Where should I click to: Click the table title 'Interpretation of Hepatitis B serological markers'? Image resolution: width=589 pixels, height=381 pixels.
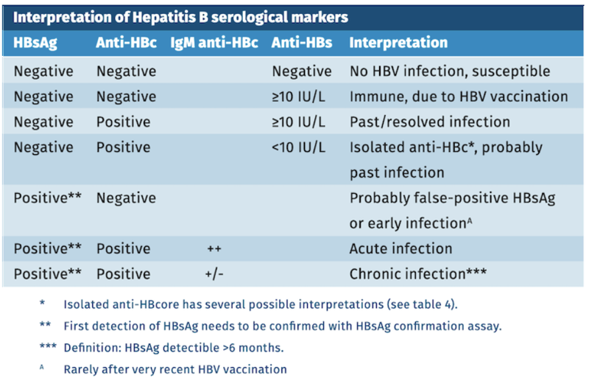click(181, 16)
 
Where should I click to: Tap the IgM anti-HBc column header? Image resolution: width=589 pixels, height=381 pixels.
click(214, 43)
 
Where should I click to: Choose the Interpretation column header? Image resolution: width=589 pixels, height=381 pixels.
click(398, 43)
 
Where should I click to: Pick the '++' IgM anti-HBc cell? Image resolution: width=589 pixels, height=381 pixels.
click(214, 248)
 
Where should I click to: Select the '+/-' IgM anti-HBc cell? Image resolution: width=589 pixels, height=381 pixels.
click(214, 273)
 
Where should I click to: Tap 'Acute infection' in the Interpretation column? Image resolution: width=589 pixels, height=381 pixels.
click(401, 248)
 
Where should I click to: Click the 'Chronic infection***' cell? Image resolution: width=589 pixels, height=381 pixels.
click(417, 273)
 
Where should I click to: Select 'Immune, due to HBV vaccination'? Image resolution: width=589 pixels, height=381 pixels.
click(459, 97)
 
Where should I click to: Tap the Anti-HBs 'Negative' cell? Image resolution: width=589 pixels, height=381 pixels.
click(302, 71)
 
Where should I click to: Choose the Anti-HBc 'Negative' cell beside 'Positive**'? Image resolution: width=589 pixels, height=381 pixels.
click(126, 198)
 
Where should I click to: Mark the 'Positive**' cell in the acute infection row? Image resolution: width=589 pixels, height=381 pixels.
click(48, 248)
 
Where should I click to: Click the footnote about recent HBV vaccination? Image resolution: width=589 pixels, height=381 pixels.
click(175, 368)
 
